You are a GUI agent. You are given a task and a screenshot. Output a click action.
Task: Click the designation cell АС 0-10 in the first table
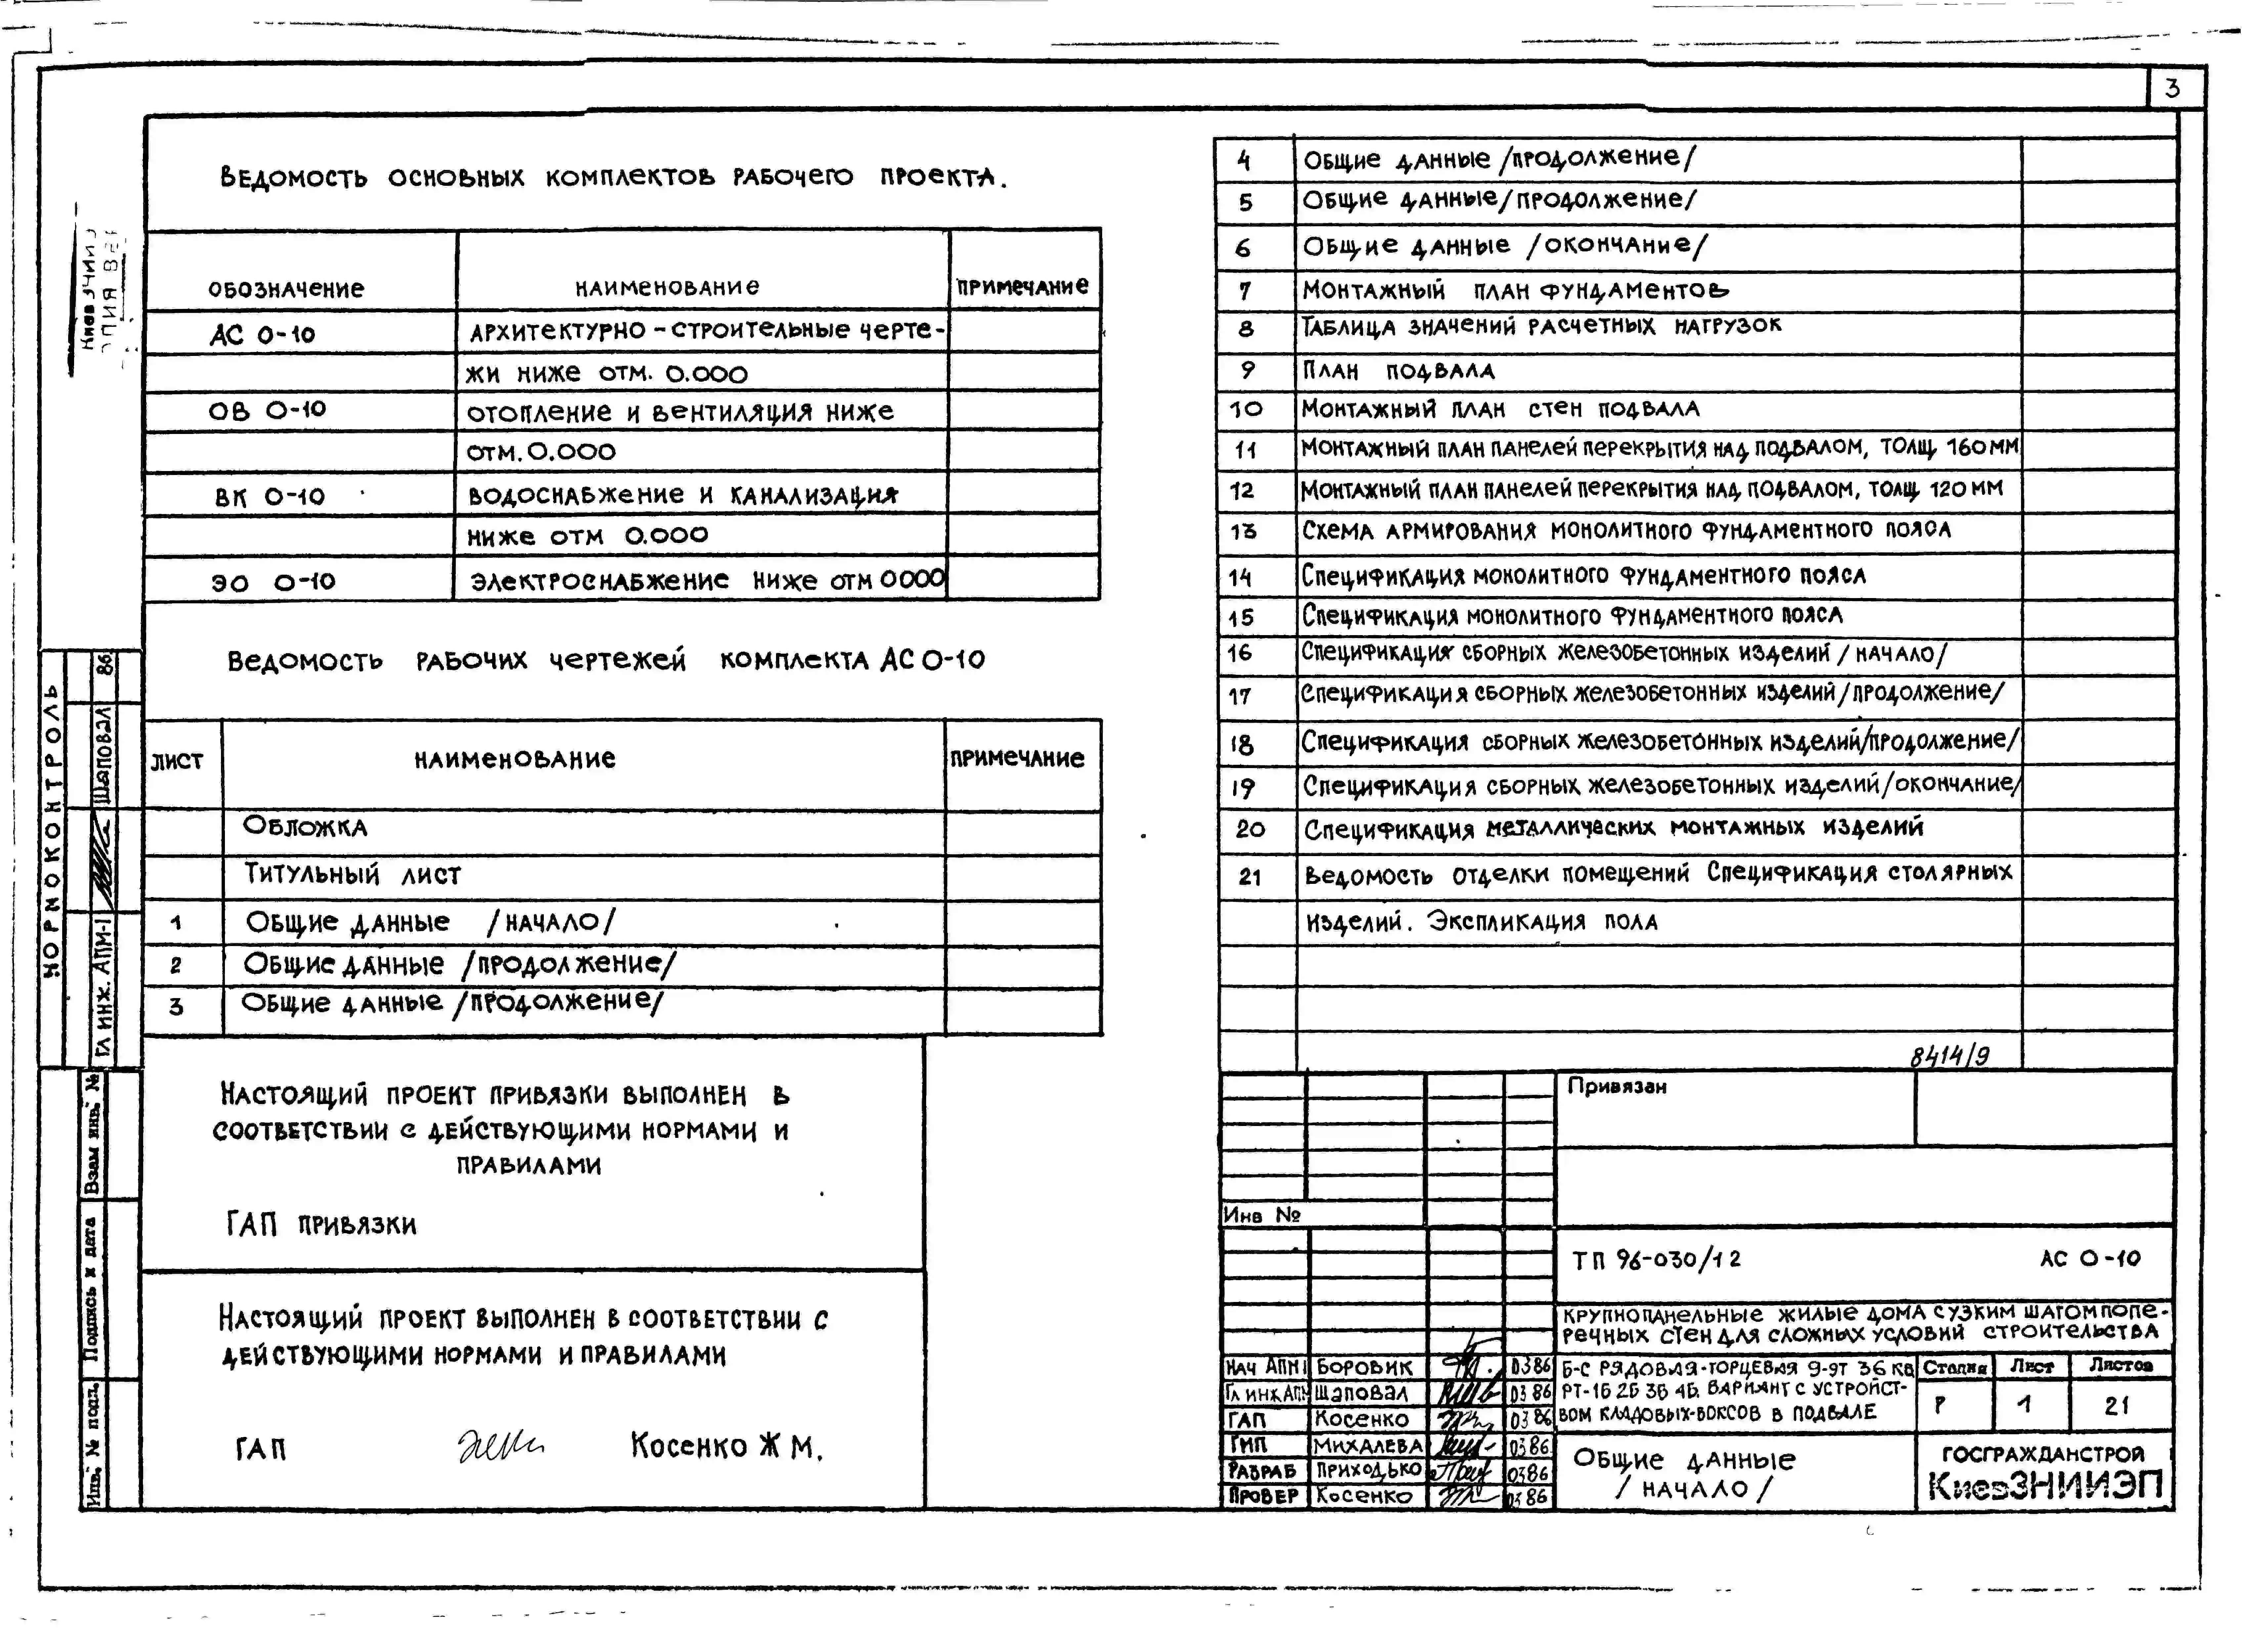point(262,334)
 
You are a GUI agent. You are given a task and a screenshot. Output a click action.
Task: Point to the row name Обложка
point(305,827)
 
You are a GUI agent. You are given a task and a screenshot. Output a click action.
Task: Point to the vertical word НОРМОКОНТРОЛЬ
point(52,830)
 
